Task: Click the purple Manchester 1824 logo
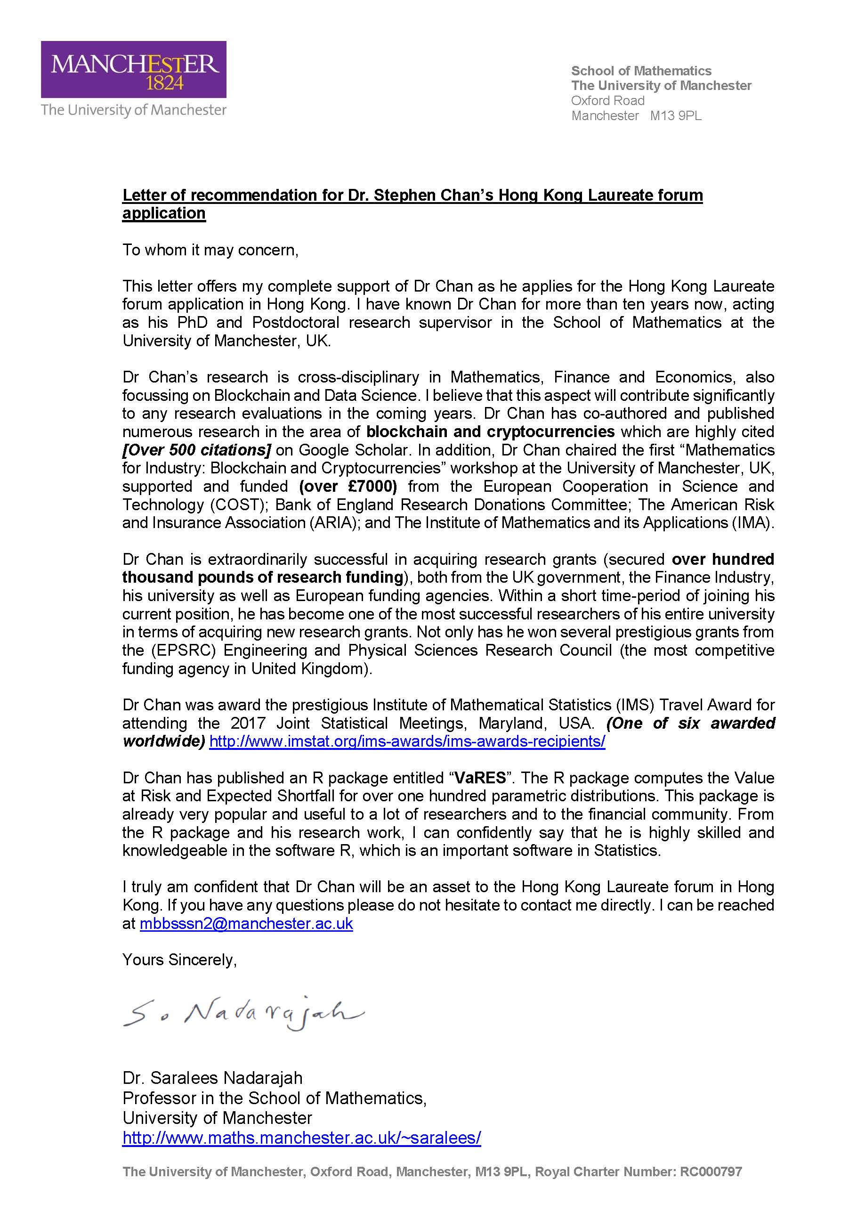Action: [x=134, y=69]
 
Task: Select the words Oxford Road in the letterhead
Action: [x=607, y=101]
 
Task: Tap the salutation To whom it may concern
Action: [x=210, y=250]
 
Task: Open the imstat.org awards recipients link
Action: [x=407, y=741]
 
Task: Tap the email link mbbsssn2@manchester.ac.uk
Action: [x=246, y=924]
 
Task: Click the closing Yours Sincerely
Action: [x=179, y=960]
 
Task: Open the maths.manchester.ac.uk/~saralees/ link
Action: [x=301, y=1137]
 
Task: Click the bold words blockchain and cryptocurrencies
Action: [x=490, y=432]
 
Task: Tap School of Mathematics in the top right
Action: [x=641, y=71]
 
